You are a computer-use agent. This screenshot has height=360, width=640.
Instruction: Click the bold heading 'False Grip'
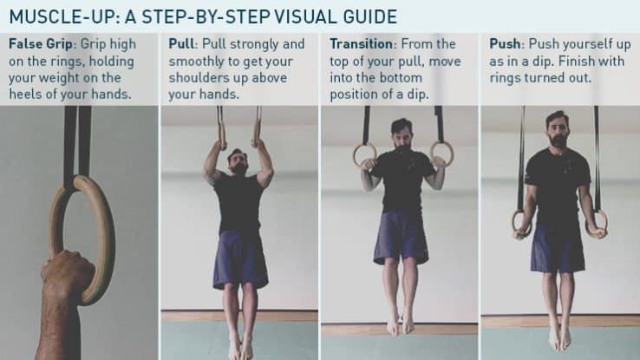point(39,43)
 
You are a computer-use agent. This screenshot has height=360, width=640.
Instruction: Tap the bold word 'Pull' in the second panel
point(181,43)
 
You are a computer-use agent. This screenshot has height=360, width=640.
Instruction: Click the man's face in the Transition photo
point(401,136)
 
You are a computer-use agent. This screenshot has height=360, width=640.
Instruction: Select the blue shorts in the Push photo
point(558,249)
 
